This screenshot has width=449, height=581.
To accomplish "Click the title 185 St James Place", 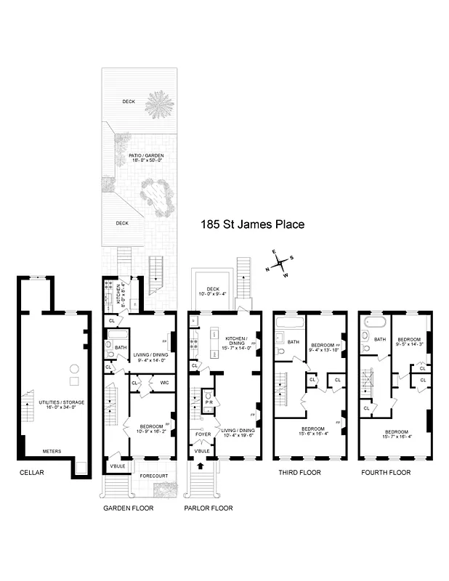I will click(x=252, y=225).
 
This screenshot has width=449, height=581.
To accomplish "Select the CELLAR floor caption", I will click(x=32, y=473).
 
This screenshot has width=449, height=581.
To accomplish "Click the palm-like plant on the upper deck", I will click(x=159, y=105).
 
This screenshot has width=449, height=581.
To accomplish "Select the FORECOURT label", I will click(x=153, y=476).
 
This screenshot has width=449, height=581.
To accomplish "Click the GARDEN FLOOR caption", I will click(x=128, y=508).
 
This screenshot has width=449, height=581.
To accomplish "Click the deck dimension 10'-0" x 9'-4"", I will click(x=213, y=294).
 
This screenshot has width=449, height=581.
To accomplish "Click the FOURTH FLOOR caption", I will click(x=385, y=473).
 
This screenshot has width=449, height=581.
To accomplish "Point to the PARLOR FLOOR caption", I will click(x=208, y=508).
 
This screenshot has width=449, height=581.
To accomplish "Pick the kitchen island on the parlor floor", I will click(x=216, y=338).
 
